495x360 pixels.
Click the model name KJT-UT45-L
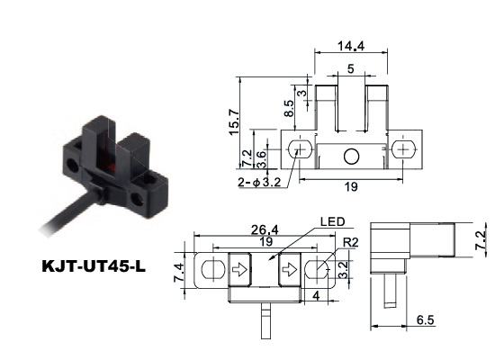point(94,266)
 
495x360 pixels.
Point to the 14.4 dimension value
point(351,46)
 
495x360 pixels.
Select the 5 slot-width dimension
point(351,68)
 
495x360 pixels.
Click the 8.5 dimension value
point(289,108)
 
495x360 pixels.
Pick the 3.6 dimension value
point(261,158)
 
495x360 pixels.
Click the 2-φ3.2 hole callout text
point(259,183)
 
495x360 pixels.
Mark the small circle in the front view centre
point(351,157)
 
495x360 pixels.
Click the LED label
point(332,221)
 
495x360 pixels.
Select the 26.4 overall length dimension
point(265,229)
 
